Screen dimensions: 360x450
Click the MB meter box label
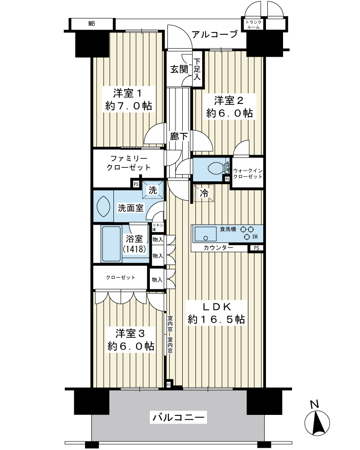click(92, 24)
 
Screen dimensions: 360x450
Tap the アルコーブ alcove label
click(215, 35)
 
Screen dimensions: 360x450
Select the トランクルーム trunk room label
click(253, 25)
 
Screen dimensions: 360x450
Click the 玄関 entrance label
click(179, 69)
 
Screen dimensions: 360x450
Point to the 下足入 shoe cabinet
click(197, 69)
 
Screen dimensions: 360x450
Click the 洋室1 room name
click(128, 93)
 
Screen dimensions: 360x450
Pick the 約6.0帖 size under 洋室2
click(229, 113)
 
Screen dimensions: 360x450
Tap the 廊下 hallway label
click(179, 136)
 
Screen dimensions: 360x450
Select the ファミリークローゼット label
click(128, 163)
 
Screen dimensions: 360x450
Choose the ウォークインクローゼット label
click(247, 174)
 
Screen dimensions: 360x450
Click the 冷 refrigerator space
click(204, 193)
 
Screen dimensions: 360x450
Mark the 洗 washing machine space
click(153, 190)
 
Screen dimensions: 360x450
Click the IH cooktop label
click(255, 237)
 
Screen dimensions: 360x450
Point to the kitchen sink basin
click(206, 234)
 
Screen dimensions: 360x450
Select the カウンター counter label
click(218, 247)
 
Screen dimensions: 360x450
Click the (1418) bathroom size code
click(135, 249)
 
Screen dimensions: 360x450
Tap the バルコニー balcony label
click(179, 417)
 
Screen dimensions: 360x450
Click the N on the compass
click(315, 405)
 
